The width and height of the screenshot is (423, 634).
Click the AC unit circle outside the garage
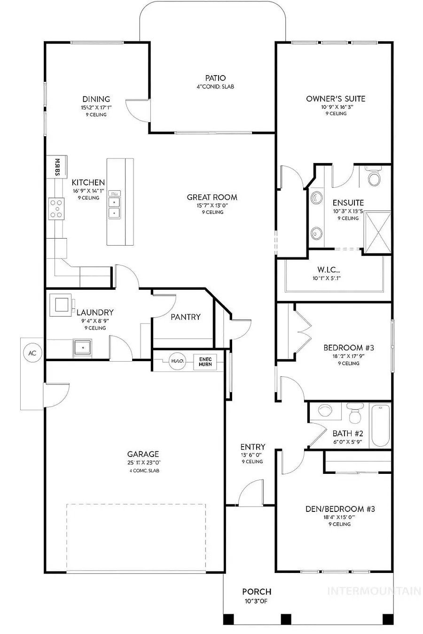[32, 353]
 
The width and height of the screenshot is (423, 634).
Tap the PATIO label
[215, 78]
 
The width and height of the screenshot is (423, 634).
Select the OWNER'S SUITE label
[336, 99]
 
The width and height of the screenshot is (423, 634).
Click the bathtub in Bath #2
[380, 425]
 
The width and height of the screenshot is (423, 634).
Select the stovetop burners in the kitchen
[56, 208]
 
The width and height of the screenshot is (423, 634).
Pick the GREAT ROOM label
[212, 197]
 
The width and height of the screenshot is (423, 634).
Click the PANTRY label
[186, 317]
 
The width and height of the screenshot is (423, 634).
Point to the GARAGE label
[143, 454]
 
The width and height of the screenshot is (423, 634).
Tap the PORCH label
[257, 592]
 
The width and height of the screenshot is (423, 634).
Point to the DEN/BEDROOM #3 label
[340, 509]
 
